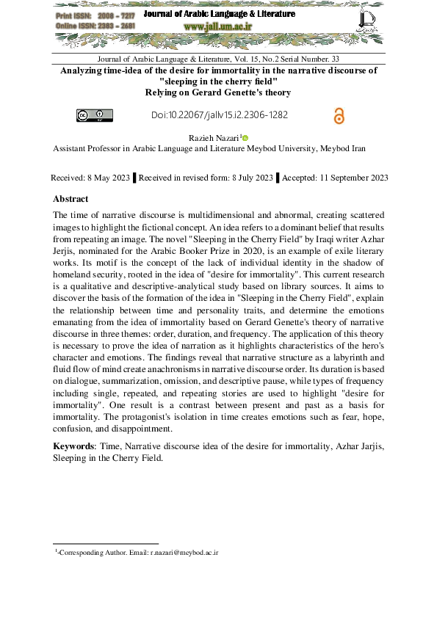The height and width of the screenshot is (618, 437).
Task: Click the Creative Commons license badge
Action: click(95, 114)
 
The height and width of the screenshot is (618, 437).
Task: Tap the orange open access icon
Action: click(339, 115)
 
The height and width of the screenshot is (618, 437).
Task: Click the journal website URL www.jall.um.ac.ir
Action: click(219, 26)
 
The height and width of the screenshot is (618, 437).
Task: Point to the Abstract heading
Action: click(71, 199)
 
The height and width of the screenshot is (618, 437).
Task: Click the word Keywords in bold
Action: click(73, 446)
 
